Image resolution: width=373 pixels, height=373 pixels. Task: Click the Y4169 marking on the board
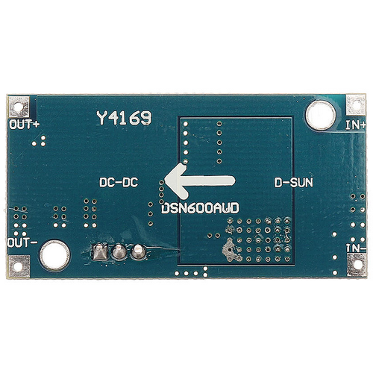124,118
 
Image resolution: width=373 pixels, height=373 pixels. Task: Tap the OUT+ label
25,125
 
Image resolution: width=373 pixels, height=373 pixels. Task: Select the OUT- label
22,242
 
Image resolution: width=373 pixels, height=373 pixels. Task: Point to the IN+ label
356,125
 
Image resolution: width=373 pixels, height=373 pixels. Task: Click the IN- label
356,248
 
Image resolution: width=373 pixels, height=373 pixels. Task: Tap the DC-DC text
119,182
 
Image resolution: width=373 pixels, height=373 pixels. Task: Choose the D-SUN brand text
294,183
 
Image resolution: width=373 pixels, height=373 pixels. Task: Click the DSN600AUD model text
200,208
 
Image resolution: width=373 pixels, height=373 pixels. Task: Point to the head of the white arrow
166,181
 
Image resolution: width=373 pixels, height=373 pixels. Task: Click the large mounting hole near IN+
321,115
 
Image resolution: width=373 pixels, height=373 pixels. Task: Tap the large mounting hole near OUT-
54,255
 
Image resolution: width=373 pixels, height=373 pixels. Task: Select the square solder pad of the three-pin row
100,251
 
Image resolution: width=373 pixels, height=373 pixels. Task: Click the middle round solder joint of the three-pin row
119,252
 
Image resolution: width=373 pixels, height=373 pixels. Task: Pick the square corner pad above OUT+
19,107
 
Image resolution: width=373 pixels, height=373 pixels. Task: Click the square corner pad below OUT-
19,266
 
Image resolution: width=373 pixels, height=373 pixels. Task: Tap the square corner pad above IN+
356,104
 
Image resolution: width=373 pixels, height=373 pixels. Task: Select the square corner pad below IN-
357,265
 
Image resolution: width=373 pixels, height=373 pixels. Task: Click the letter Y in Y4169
101,118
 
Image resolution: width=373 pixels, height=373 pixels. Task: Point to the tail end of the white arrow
233,181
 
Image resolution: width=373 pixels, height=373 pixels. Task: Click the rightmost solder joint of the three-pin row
138,251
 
